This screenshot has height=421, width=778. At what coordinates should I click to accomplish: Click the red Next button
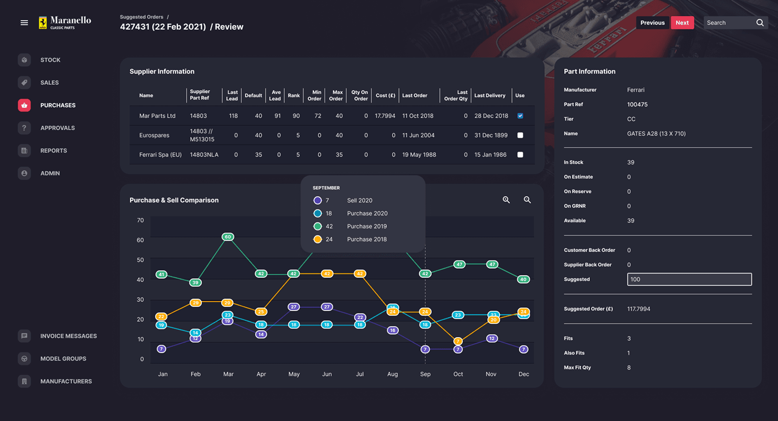(x=682, y=23)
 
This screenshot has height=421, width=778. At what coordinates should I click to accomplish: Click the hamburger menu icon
(x=24, y=23)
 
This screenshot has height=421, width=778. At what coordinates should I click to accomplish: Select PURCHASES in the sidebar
(x=57, y=105)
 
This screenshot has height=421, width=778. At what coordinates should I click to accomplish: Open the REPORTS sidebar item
(x=53, y=151)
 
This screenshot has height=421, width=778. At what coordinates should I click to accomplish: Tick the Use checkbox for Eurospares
(x=520, y=135)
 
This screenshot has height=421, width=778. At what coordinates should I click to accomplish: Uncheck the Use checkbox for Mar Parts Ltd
(x=520, y=116)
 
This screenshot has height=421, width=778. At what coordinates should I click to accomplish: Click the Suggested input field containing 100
(x=689, y=279)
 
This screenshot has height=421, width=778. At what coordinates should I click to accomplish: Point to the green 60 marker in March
(x=227, y=237)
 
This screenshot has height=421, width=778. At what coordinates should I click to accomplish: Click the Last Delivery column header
(x=489, y=96)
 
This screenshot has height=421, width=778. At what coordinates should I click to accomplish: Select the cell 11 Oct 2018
(x=418, y=116)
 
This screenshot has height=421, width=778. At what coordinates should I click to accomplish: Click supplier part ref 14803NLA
(x=204, y=155)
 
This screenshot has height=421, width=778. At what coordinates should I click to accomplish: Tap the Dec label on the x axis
(x=523, y=374)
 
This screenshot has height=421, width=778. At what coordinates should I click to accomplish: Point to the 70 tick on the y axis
(x=140, y=221)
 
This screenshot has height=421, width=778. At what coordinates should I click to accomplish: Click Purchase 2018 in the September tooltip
(x=366, y=240)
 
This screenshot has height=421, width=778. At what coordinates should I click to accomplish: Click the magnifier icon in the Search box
(x=759, y=23)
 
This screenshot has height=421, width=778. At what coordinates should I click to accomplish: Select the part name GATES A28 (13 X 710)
(x=656, y=134)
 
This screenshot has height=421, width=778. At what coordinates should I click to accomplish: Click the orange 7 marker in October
(x=458, y=341)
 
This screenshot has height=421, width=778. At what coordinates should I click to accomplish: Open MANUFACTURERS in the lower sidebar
(x=66, y=382)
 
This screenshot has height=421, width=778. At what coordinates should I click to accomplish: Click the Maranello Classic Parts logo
(x=65, y=23)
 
